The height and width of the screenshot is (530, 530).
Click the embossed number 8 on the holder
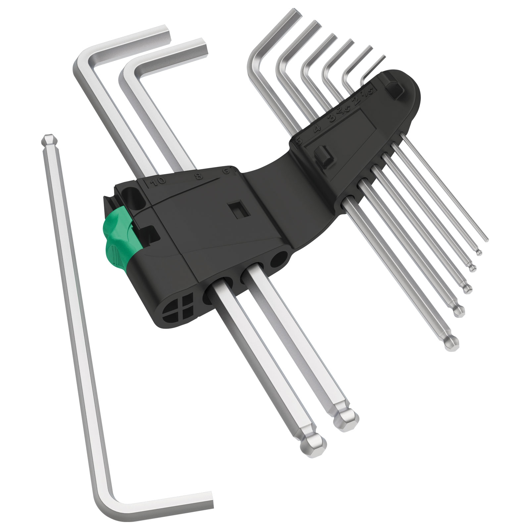[199, 176]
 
